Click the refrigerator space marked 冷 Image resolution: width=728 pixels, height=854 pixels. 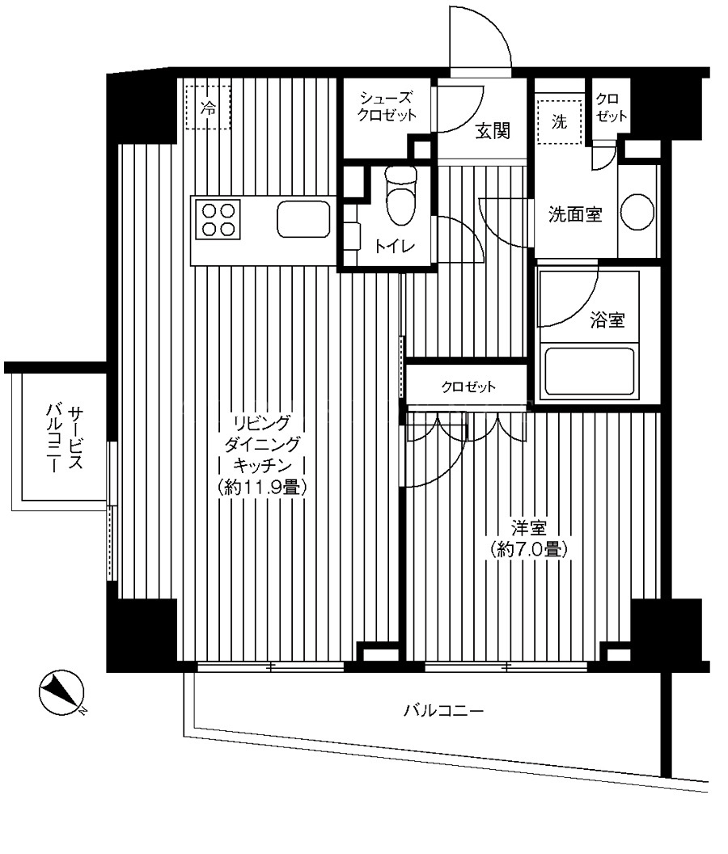(208, 107)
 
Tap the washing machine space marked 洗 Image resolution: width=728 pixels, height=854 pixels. (559, 122)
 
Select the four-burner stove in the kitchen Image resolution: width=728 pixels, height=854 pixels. (218, 220)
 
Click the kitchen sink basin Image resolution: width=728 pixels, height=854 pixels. (303, 219)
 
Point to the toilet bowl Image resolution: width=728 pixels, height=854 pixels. (400, 196)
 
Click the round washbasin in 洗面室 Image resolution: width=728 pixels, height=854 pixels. (637, 212)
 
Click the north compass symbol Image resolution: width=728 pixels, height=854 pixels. (61, 692)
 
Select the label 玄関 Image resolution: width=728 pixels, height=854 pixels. (493, 131)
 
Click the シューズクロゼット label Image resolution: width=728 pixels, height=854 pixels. (387, 106)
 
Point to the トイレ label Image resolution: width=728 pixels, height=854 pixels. (395, 246)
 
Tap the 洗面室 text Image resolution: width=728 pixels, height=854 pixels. (575, 214)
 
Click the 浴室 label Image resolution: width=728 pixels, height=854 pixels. (607, 319)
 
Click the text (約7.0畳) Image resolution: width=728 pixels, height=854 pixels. (528, 550)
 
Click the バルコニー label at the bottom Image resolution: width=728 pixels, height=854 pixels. (443, 711)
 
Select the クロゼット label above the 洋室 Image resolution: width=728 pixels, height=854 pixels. (468, 387)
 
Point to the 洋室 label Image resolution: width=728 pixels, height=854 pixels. (528, 528)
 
